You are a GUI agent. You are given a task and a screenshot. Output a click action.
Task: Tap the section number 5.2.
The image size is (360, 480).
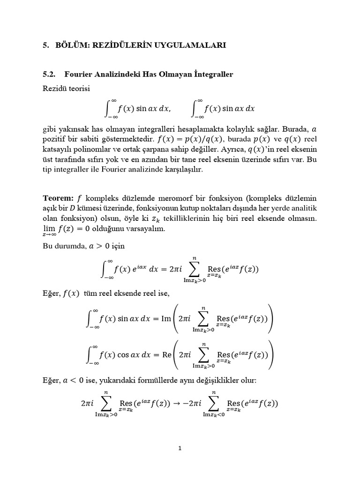49,74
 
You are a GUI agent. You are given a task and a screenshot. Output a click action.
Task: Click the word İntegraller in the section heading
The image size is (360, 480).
213,74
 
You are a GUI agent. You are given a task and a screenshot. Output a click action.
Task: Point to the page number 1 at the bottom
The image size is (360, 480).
180,448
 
